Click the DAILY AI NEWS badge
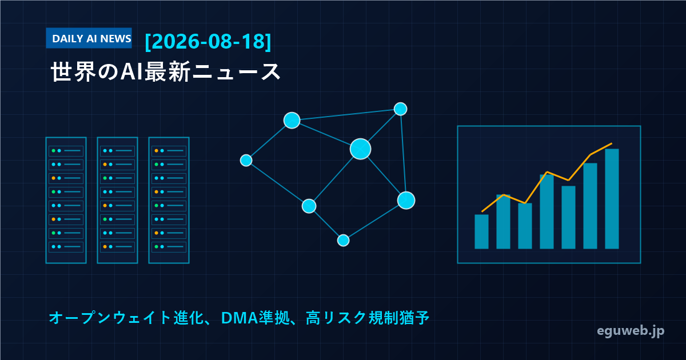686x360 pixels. (89, 38)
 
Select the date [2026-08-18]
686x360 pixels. (208, 41)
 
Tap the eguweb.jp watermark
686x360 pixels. (631, 331)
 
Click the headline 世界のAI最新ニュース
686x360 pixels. (165, 71)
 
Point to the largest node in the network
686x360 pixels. (361, 149)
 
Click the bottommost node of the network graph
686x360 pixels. (344, 241)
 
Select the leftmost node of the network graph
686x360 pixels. (246, 161)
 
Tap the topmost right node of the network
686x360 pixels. (400, 109)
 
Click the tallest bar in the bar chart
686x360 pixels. (612, 199)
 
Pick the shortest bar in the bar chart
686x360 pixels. (481, 232)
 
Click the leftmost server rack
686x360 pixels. (66, 200)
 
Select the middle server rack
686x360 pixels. (118, 200)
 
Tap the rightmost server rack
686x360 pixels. (169, 200)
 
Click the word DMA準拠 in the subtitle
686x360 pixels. (256, 318)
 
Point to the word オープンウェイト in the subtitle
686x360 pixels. (110, 318)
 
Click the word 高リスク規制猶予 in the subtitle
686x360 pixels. (368, 318)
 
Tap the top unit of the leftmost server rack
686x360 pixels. (66, 151)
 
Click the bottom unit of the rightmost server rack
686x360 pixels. (169, 247)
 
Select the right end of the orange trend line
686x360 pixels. (612, 143)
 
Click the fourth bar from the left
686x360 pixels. (547, 211)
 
